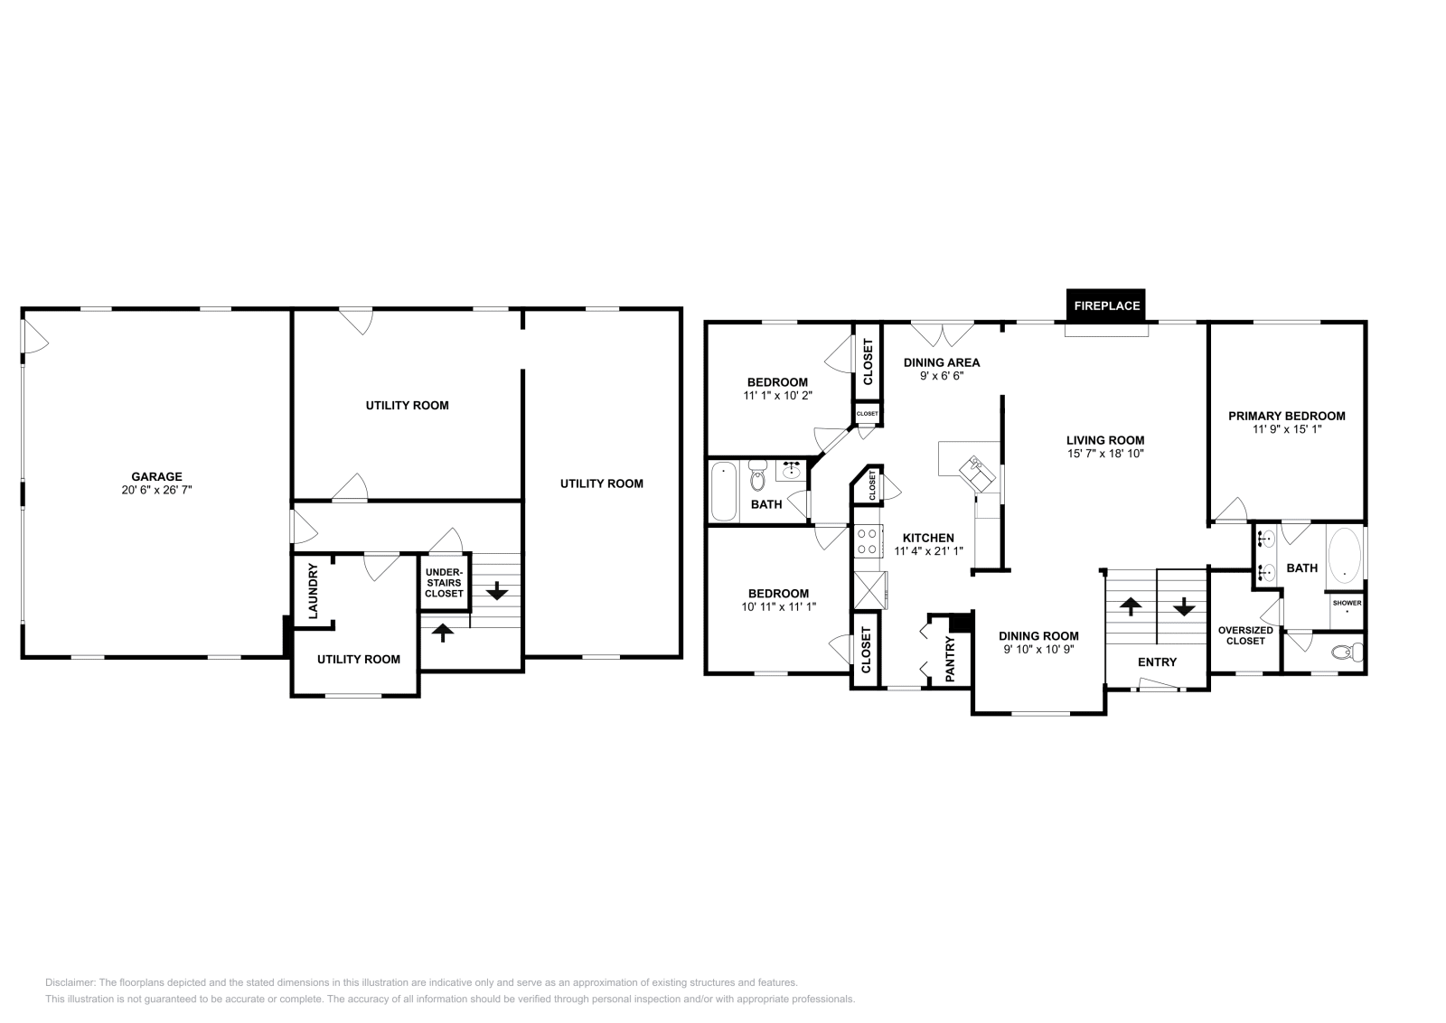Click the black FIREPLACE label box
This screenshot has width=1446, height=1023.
1106,305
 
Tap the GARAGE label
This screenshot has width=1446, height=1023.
156,476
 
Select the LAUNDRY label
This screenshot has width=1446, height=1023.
314,591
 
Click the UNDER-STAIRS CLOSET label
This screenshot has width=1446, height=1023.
444,582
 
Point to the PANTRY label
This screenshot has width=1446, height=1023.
950,658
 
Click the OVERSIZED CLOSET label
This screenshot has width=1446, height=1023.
1244,635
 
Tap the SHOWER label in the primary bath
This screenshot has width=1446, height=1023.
1347,603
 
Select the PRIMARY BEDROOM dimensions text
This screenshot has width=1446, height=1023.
1286,430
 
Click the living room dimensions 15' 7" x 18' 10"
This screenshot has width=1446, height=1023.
1104,454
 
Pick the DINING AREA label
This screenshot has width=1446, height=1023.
941,362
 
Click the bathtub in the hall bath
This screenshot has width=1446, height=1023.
723,491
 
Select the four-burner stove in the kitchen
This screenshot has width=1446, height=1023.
867,540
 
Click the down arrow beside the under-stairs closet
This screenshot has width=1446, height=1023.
496,593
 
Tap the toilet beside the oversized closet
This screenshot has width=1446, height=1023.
1348,652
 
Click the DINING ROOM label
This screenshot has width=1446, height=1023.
1038,635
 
